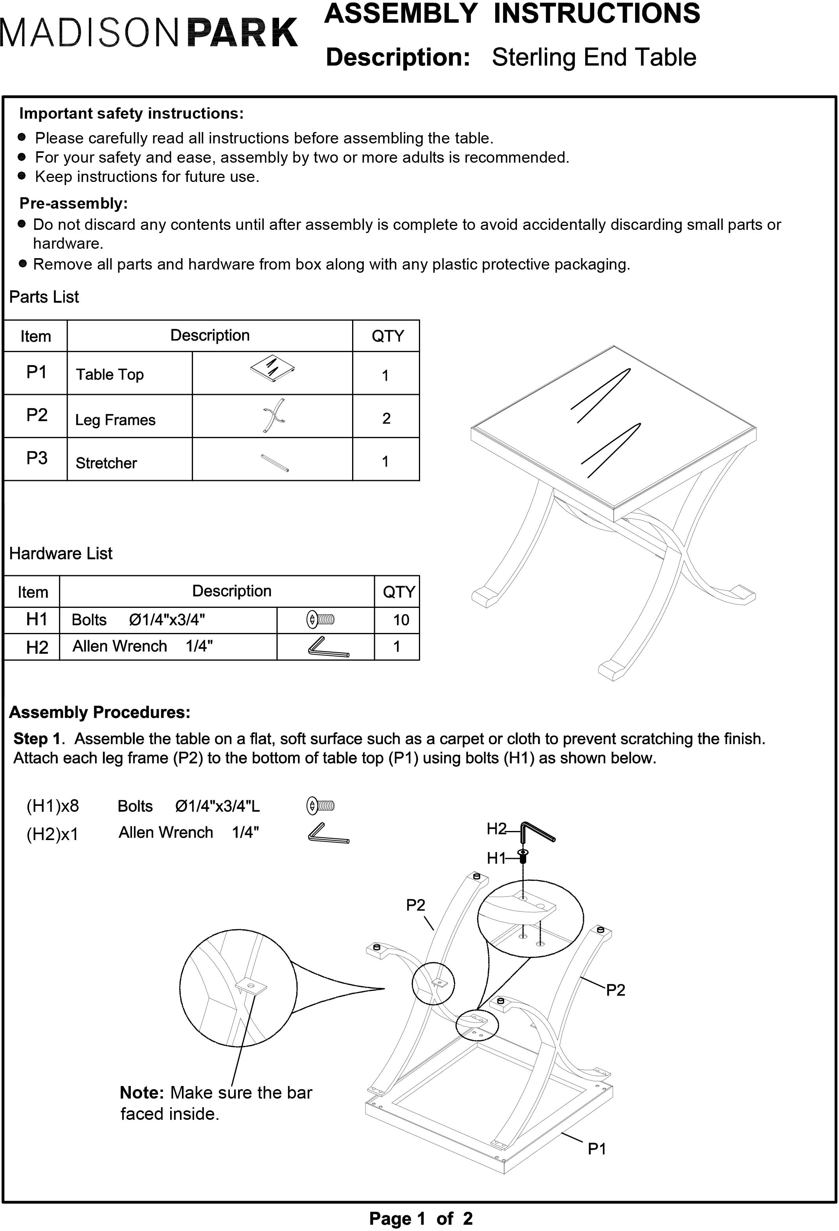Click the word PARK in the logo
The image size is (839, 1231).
(x=242, y=33)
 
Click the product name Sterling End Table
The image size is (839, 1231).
(x=593, y=57)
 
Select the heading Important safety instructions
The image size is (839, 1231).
(x=131, y=113)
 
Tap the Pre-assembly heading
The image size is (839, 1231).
(x=73, y=204)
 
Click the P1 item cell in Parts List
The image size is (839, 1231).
(x=36, y=372)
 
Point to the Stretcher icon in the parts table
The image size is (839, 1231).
(x=274, y=462)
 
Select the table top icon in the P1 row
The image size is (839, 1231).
(x=273, y=365)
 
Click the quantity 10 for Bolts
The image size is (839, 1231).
(x=400, y=620)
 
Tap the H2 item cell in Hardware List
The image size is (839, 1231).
(x=37, y=647)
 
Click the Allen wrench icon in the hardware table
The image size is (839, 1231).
(x=328, y=647)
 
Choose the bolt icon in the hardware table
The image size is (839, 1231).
(x=320, y=619)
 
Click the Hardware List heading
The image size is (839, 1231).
(x=61, y=554)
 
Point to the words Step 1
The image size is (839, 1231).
(x=37, y=738)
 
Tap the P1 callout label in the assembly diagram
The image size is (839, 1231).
(x=597, y=1148)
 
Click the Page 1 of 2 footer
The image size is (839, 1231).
(x=420, y=1218)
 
